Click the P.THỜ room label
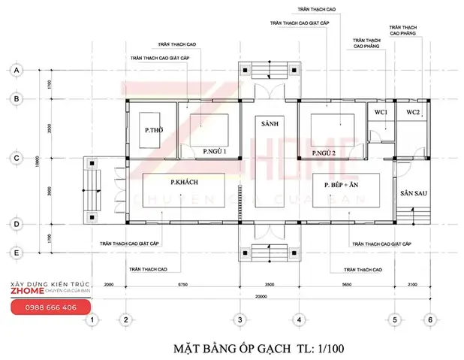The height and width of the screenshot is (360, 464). click(154, 131)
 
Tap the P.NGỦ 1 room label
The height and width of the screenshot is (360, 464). click(215, 151)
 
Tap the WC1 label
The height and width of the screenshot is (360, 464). click(381, 112)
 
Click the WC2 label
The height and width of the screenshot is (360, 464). click(414, 112)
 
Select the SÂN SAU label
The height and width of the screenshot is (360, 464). click(413, 193)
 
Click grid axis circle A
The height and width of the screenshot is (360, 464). click(15, 69)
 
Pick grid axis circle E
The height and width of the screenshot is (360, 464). click(15, 253)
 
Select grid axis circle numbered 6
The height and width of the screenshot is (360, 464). click(430, 319)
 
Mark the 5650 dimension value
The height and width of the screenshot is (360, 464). click(347, 286)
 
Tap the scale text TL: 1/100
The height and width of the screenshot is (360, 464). click(318, 349)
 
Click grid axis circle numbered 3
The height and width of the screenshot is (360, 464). click(240, 319)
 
